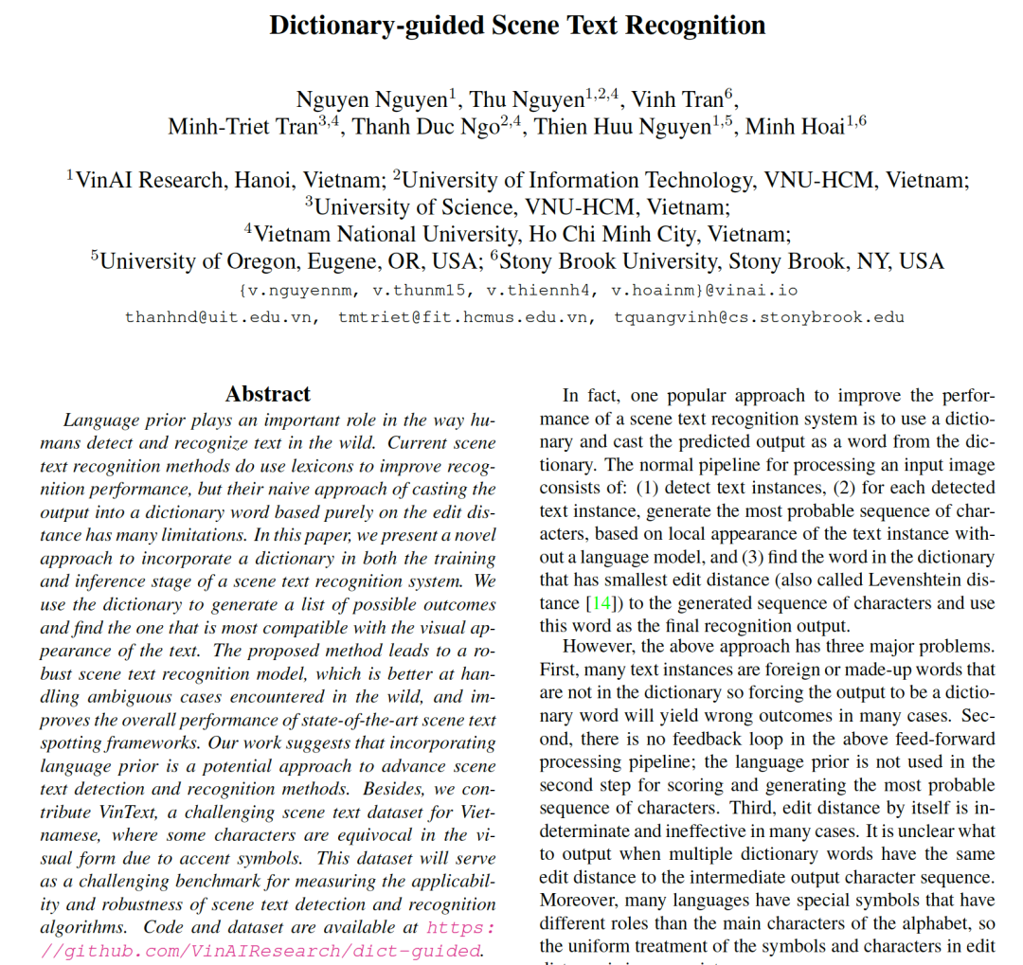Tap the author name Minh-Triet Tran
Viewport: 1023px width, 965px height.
click(242, 127)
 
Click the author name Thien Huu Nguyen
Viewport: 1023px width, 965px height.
click(622, 127)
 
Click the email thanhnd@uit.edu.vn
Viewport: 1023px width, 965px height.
click(220, 317)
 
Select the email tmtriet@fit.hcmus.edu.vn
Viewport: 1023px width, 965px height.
click(467, 317)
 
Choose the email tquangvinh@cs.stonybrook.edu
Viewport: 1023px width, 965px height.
click(759, 317)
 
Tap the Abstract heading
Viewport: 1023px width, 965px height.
click(268, 394)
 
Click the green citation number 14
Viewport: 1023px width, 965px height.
click(600, 602)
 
